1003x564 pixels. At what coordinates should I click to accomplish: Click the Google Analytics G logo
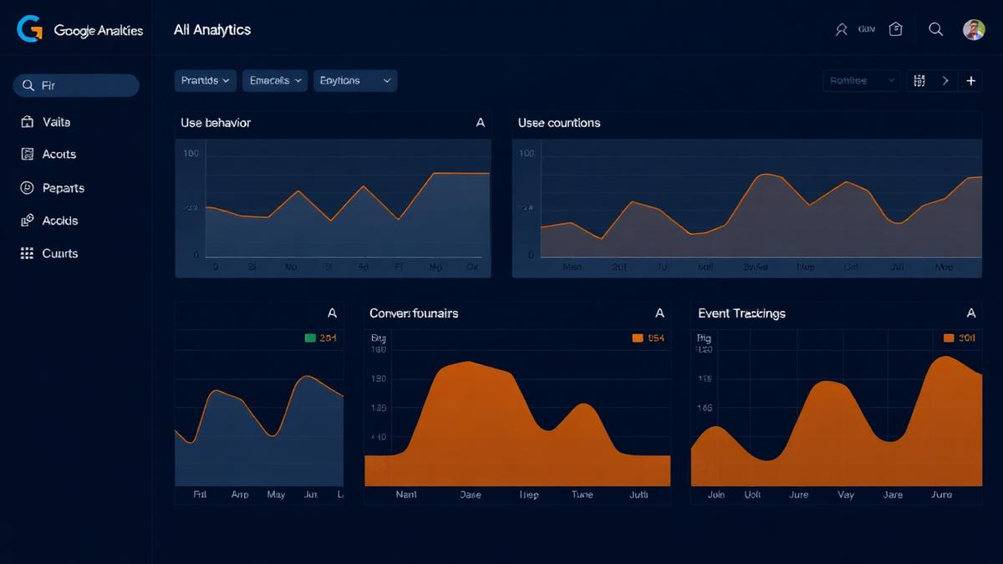(x=29, y=29)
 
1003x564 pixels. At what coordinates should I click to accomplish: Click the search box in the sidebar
(x=76, y=85)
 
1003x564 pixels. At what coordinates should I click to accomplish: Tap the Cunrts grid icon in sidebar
(x=27, y=253)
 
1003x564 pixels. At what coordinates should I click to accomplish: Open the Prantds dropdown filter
(x=206, y=81)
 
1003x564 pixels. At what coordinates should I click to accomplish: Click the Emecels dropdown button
(x=275, y=81)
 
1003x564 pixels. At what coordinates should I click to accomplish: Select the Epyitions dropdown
(x=355, y=81)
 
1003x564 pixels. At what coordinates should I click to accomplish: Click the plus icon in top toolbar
(x=970, y=81)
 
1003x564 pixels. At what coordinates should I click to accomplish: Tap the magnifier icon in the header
(x=936, y=29)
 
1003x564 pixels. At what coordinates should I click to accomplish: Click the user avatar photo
(x=974, y=30)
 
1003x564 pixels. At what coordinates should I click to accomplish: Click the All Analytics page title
(x=212, y=30)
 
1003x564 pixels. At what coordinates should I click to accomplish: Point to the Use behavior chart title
(x=216, y=123)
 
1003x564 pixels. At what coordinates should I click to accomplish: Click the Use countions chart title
(x=559, y=123)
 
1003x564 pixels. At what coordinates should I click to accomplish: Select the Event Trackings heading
(x=741, y=313)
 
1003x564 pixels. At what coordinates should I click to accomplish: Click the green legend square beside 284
(x=310, y=338)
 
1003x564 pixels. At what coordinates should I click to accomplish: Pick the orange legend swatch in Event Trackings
(x=949, y=338)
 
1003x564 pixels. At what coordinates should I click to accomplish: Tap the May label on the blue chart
(x=276, y=495)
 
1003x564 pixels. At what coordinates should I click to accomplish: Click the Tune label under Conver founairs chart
(x=582, y=495)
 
